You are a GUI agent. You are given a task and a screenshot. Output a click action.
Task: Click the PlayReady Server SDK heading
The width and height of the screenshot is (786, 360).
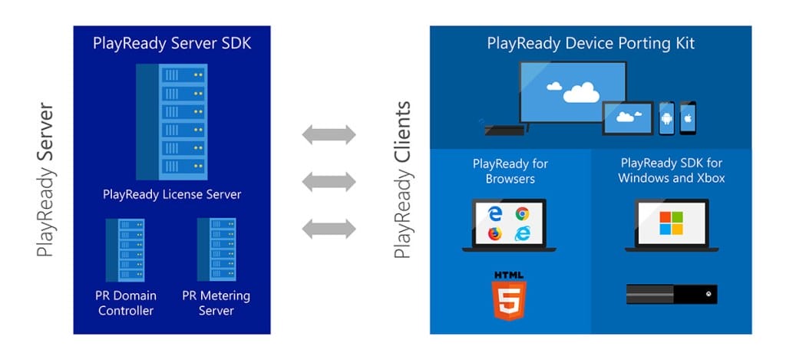[x=172, y=43]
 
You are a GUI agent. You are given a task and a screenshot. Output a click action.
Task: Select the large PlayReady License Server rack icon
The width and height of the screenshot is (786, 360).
[x=172, y=121]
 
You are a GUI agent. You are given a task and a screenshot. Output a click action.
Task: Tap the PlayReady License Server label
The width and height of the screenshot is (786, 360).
[x=172, y=194]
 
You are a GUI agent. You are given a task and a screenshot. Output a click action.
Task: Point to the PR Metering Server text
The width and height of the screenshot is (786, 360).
[x=216, y=302]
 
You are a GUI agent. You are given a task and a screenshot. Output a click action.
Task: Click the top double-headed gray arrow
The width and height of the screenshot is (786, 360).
[x=329, y=135]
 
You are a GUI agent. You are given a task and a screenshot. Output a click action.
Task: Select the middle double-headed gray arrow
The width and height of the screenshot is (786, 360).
[x=329, y=182]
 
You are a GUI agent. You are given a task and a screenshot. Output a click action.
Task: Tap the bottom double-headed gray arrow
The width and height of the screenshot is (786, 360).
[x=329, y=228]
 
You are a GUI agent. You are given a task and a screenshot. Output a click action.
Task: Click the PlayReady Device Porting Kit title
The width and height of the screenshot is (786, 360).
[x=590, y=43]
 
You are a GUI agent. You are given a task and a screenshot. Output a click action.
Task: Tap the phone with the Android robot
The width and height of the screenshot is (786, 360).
[x=666, y=117]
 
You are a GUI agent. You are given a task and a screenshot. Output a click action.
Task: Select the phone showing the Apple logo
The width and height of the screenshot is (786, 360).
[x=688, y=117]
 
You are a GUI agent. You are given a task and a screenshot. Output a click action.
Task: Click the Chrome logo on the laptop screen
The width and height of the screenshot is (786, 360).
[x=522, y=214]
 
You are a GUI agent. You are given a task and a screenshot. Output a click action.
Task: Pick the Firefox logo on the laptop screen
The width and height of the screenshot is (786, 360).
[x=495, y=233]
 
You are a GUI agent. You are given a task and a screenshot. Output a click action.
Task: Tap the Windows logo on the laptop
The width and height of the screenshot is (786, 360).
[x=671, y=223]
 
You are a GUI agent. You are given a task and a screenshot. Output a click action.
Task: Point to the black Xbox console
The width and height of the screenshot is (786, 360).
[x=672, y=294]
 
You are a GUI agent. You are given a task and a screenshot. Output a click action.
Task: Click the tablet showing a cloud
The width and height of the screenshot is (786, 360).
[x=628, y=118]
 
